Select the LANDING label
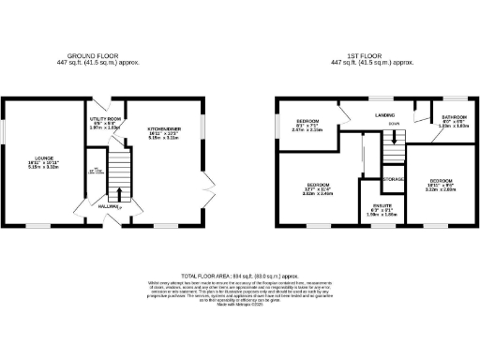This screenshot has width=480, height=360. (384, 115)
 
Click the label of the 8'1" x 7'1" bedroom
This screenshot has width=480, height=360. (308, 122)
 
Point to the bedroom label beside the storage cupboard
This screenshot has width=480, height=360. (441, 179)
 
